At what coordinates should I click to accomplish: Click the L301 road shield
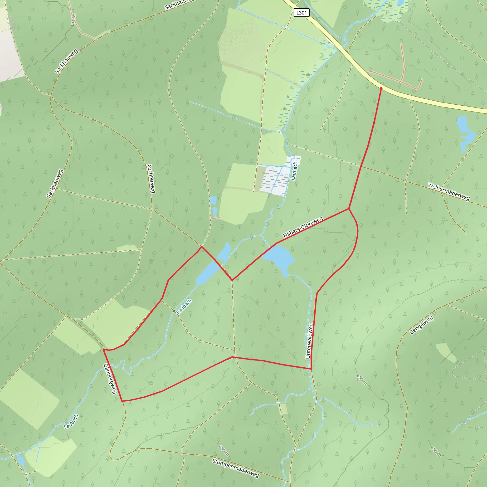[302, 13]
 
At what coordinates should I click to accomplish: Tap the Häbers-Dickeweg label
[303, 227]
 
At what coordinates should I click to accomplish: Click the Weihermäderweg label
[449, 192]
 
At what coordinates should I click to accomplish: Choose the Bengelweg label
[421, 325]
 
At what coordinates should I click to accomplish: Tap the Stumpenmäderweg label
[235, 468]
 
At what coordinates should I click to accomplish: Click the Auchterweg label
[151, 179]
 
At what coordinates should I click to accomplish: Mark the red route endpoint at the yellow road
[381, 88]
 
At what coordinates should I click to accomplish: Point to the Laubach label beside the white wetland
[294, 171]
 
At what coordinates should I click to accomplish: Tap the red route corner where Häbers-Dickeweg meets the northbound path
[349, 209]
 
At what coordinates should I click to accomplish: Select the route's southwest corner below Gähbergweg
[122, 401]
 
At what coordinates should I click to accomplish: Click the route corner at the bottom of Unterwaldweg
[311, 369]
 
